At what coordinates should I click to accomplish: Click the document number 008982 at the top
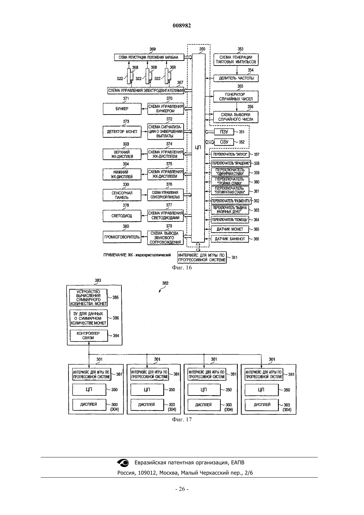click(182, 25)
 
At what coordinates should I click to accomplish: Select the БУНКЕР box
click(122, 109)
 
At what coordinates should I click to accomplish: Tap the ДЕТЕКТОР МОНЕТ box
click(122, 132)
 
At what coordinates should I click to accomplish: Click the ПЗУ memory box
click(224, 132)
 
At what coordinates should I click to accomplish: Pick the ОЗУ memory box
click(224, 142)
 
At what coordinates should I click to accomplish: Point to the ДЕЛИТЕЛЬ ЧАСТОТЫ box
click(236, 78)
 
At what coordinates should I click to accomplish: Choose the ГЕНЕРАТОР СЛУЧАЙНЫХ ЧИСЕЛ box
click(236, 97)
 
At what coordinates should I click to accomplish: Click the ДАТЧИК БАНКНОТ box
click(230, 239)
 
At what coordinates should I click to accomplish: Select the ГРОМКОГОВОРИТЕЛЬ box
click(122, 237)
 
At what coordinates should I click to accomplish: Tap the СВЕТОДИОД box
click(122, 216)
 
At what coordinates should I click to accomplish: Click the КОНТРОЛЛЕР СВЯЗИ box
click(88, 335)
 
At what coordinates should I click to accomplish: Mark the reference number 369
click(153, 49)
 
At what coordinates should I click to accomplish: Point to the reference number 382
click(165, 283)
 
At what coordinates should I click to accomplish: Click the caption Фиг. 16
click(182, 267)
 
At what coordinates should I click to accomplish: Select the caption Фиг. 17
click(182, 419)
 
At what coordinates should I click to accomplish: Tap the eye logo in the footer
click(123, 463)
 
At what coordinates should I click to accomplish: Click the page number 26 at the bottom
click(182, 489)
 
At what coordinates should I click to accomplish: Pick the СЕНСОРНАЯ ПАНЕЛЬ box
click(122, 195)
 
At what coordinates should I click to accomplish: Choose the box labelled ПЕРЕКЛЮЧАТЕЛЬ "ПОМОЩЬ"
click(230, 220)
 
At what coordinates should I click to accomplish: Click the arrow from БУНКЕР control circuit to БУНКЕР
click(145, 109)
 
